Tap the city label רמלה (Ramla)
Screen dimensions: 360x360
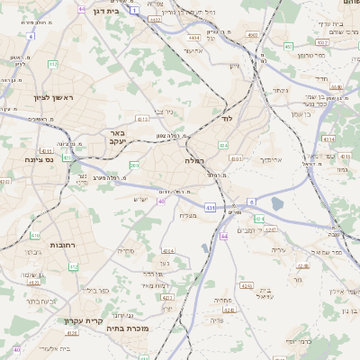click(x=194, y=160)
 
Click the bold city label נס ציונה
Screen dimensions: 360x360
click(x=38, y=159)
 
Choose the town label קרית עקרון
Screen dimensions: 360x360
click(x=85, y=320)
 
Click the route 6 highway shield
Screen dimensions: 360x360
click(x=252, y=201)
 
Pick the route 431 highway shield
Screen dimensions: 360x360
click(x=210, y=208)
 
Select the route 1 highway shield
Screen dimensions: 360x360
click(x=135, y=10)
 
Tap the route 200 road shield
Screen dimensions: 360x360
click(x=134, y=166)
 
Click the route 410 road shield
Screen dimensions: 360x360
click(x=35, y=236)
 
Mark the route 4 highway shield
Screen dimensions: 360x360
click(x=31, y=37)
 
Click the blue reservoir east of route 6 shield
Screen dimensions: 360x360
click(x=276, y=204)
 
